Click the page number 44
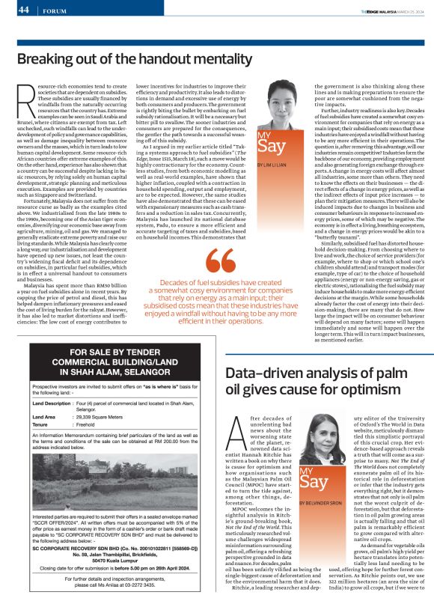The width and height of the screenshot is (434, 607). (x=23, y=10)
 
